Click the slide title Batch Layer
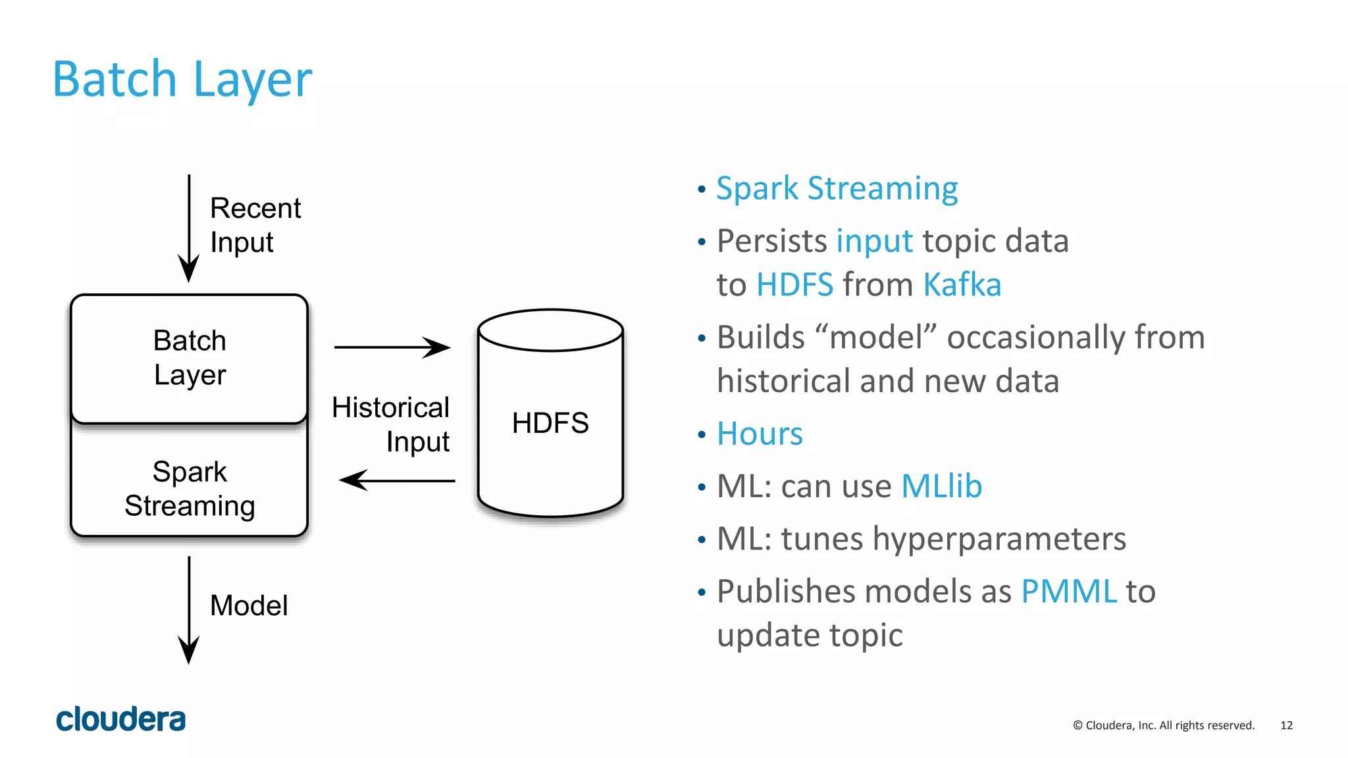[182, 80]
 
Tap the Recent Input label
[255, 225]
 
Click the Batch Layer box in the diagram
[190, 358]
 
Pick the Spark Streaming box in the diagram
[190, 488]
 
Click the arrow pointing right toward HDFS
[392, 347]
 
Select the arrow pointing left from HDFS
[397, 480]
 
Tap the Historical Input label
[391, 424]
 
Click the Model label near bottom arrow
[249, 605]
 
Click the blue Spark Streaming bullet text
[837, 189]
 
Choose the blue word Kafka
[962, 285]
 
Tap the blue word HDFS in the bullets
[794, 285]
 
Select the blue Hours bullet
[760, 434]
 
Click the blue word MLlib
[941, 487]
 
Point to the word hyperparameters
[999, 539]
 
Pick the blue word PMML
[1068, 591]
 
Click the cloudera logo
[121, 719]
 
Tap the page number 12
[1286, 725]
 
